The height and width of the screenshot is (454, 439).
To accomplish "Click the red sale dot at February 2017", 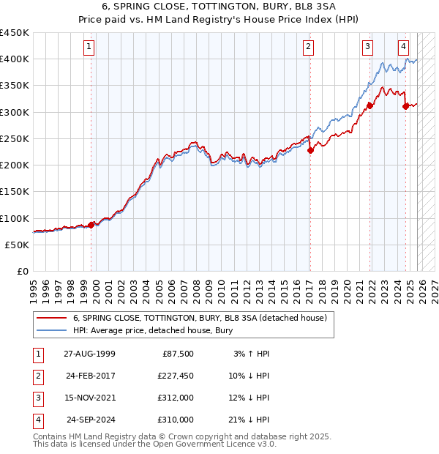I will tap(310, 150).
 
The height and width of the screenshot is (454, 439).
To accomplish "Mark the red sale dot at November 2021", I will tap(370, 105).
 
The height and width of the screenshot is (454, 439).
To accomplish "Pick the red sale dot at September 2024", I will tap(405, 106).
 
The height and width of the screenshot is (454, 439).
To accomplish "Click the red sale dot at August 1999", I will tap(91, 225).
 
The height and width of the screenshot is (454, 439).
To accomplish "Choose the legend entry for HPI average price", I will tap(152, 330).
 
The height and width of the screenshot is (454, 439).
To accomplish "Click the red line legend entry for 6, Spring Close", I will tap(203, 318).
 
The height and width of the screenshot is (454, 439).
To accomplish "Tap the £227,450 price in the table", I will tap(175, 376).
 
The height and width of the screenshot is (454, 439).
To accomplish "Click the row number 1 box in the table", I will tap(37, 354).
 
